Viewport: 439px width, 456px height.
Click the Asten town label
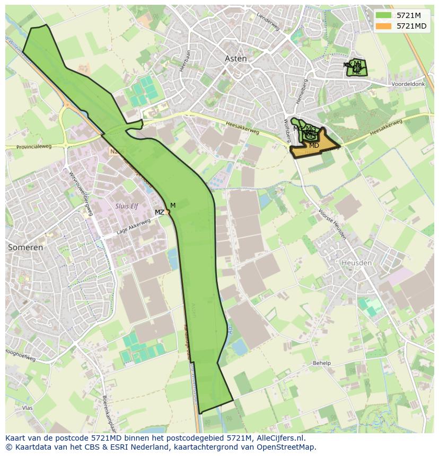pyautogui.click(x=236, y=59)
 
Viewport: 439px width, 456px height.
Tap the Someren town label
pyautogui.click(x=25, y=247)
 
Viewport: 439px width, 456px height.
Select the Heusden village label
pyautogui.click(x=357, y=263)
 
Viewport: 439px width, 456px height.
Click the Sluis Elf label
pyautogui.click(x=126, y=206)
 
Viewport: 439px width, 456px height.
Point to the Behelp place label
pyautogui.click(x=321, y=363)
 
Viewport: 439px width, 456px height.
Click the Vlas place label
pyautogui.click(x=28, y=408)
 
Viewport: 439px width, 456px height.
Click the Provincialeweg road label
pyautogui.click(x=34, y=147)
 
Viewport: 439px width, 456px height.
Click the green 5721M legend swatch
pyautogui.click(x=383, y=15)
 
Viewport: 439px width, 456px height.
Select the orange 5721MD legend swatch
pyautogui.click(x=383, y=26)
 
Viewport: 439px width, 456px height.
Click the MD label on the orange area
pyautogui.click(x=314, y=145)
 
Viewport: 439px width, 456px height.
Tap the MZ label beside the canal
pyautogui.click(x=159, y=212)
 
